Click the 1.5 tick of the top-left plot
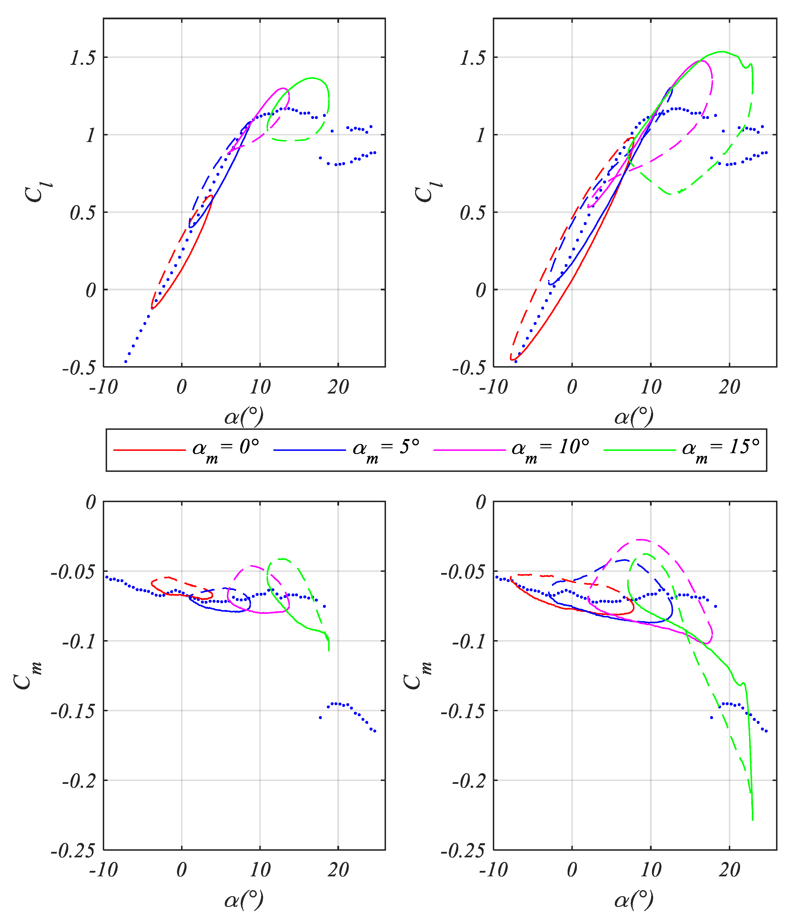[83, 58]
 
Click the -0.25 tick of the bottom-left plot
[73, 851]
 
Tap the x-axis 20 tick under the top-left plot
[338, 387]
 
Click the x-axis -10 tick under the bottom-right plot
[493, 870]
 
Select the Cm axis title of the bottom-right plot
[417, 675]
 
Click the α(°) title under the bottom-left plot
[244, 900]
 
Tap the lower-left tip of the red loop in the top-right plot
[511, 359]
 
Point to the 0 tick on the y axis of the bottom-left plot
[91, 503]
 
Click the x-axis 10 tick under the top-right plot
[651, 387]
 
